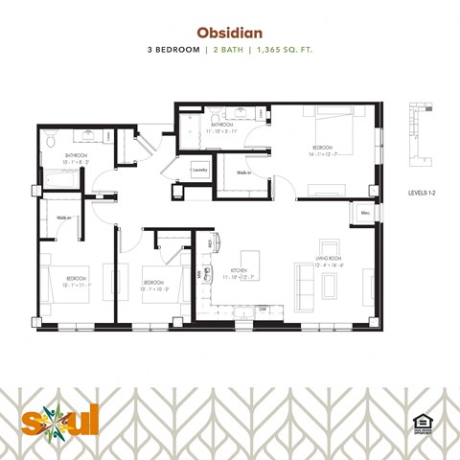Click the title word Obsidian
click(229, 30)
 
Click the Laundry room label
click(199, 172)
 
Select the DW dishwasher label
click(262, 309)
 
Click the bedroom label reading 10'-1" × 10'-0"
click(155, 284)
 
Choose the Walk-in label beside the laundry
click(243, 173)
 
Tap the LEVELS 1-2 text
click(425, 193)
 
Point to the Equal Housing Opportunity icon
click(419, 422)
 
